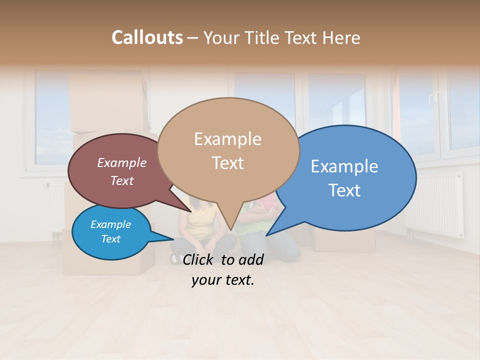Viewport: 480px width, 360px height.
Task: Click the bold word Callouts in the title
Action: pyautogui.click(x=147, y=37)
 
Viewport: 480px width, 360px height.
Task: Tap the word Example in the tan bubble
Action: pyautogui.click(x=227, y=139)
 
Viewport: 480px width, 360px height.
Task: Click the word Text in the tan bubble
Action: pyautogui.click(x=227, y=163)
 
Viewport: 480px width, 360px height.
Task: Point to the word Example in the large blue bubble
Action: pyautogui.click(x=344, y=166)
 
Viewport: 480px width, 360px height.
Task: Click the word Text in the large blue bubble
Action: pyautogui.click(x=344, y=190)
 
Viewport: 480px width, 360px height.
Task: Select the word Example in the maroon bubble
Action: pyautogui.click(x=121, y=162)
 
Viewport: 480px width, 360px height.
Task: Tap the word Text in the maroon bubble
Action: pyautogui.click(x=121, y=180)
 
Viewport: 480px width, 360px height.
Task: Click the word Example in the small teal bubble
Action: pyautogui.click(x=110, y=224)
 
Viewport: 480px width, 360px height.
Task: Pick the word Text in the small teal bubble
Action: pyautogui.click(x=110, y=239)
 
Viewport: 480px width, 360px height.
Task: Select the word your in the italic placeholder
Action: pyautogui.click(x=206, y=280)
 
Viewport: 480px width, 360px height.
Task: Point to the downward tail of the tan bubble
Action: pyautogui.click(x=230, y=222)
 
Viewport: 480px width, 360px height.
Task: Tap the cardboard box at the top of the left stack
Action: pyautogui.click(x=107, y=102)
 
